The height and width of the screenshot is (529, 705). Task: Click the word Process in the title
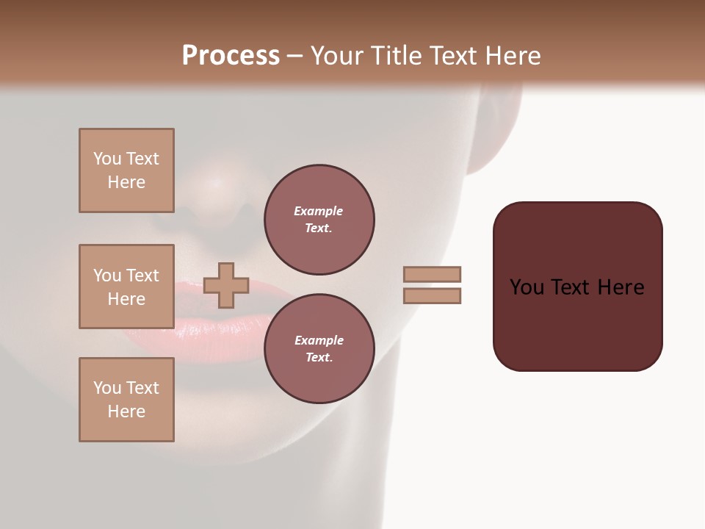(231, 56)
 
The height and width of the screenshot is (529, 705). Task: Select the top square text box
(126, 170)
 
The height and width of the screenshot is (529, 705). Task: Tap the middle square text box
(126, 287)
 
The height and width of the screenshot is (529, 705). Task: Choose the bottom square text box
(126, 400)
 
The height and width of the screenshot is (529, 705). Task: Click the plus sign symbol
(226, 285)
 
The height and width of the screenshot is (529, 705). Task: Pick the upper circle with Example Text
(319, 220)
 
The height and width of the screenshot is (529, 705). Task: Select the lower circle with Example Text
(319, 349)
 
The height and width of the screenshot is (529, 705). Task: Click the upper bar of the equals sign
(432, 275)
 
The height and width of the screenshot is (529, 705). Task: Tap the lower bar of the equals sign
(432, 296)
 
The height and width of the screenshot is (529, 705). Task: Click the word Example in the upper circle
(319, 211)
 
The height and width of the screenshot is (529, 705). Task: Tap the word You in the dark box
(527, 287)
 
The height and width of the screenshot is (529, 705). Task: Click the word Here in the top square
(126, 182)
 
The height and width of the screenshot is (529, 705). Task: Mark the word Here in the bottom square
(126, 411)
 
